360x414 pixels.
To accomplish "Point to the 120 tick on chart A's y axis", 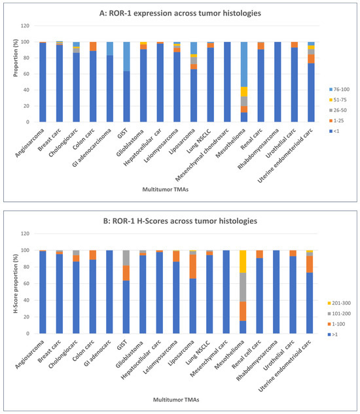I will (x=25, y=26).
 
